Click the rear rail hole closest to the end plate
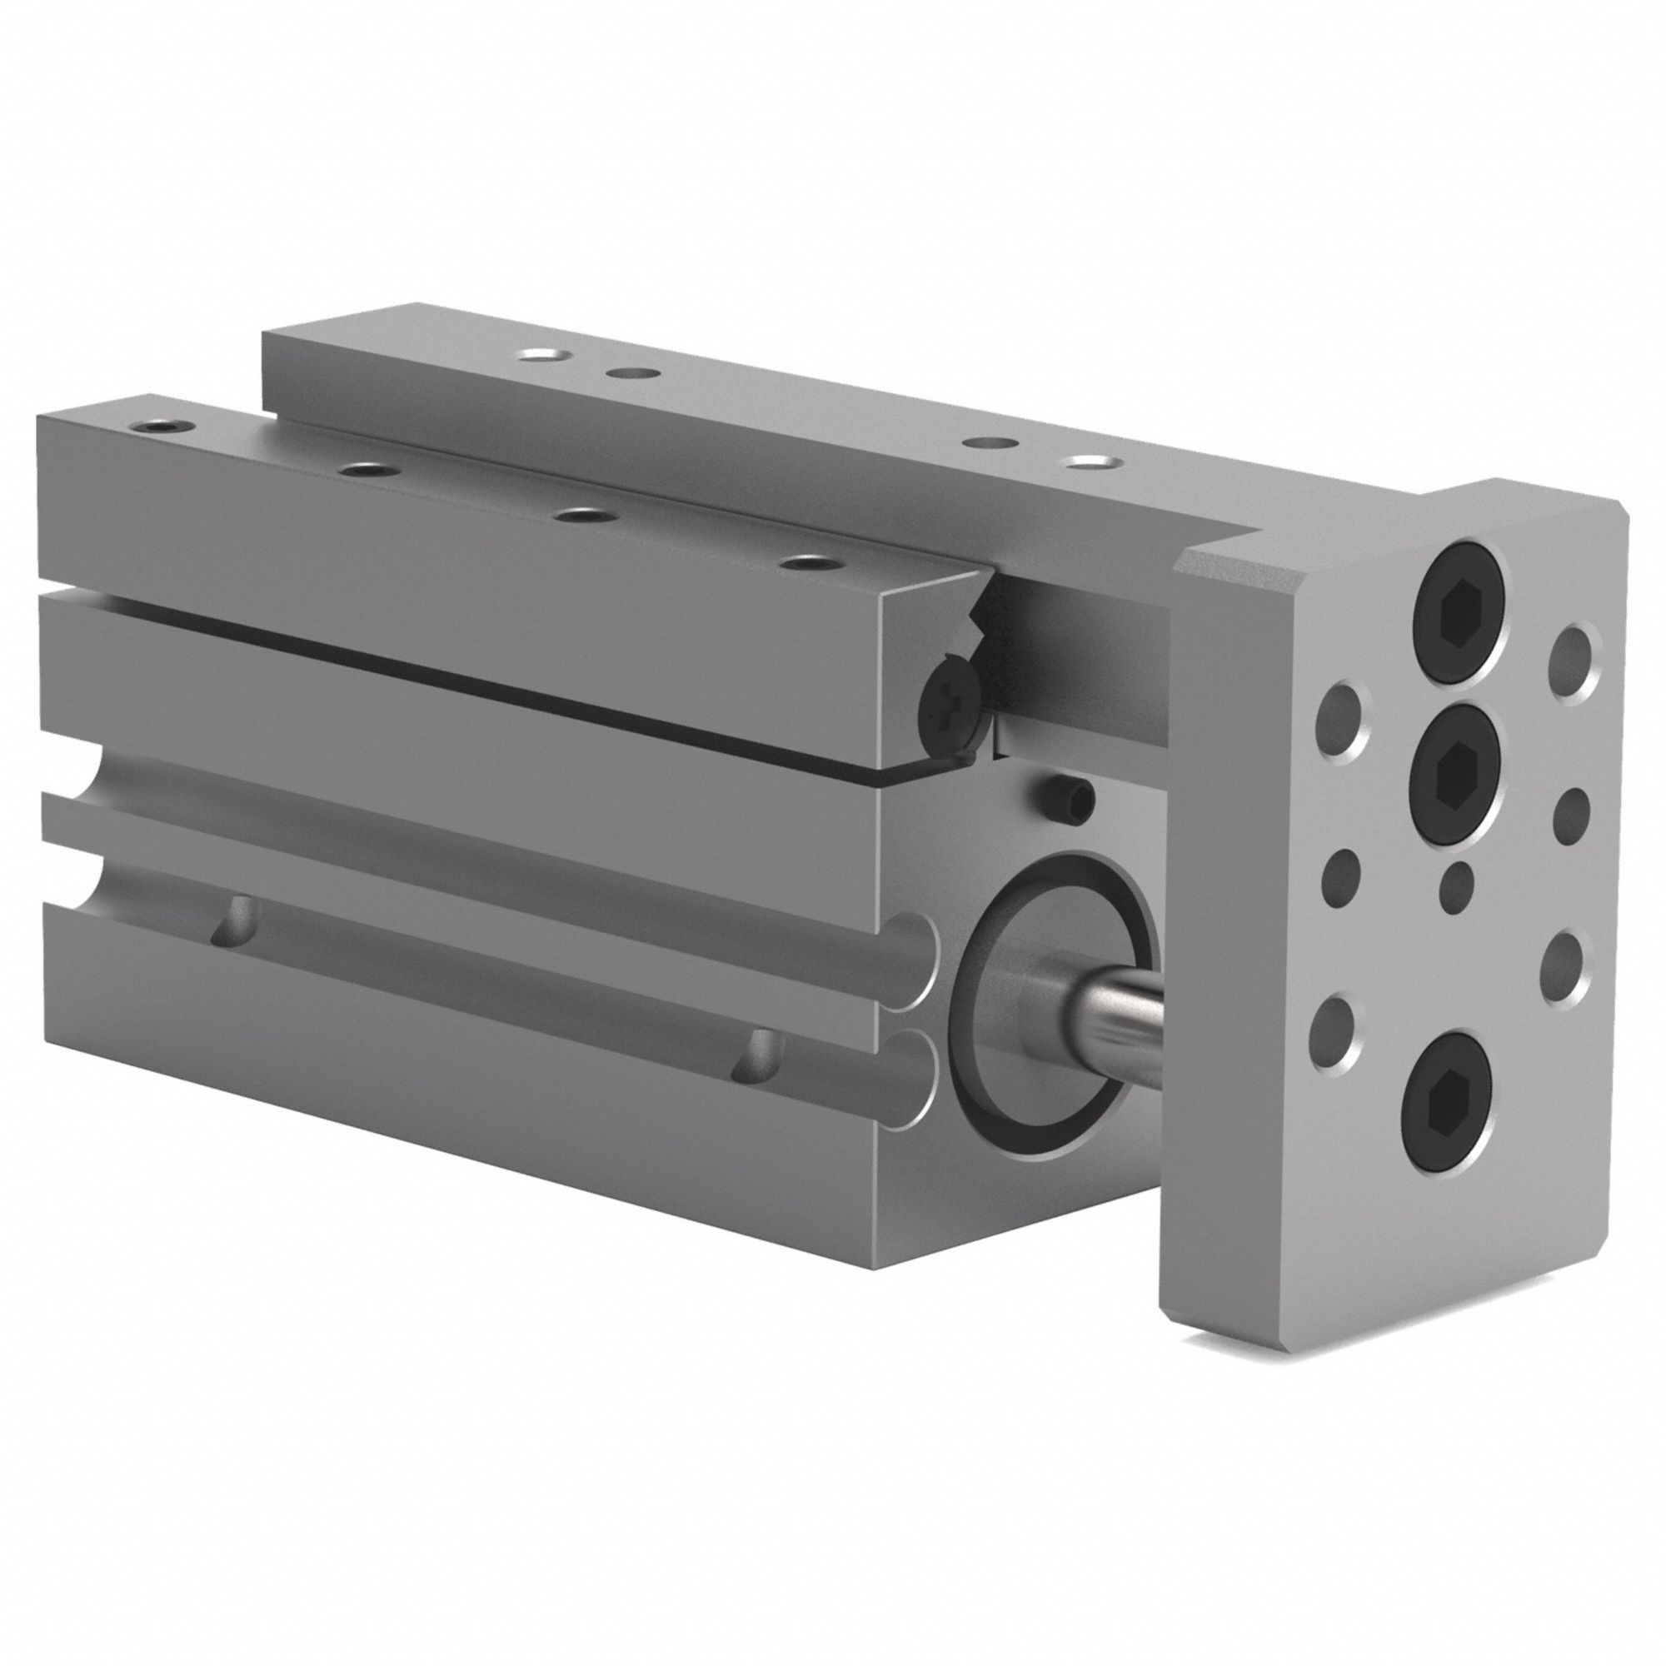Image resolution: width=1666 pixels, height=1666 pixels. point(1087,464)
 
